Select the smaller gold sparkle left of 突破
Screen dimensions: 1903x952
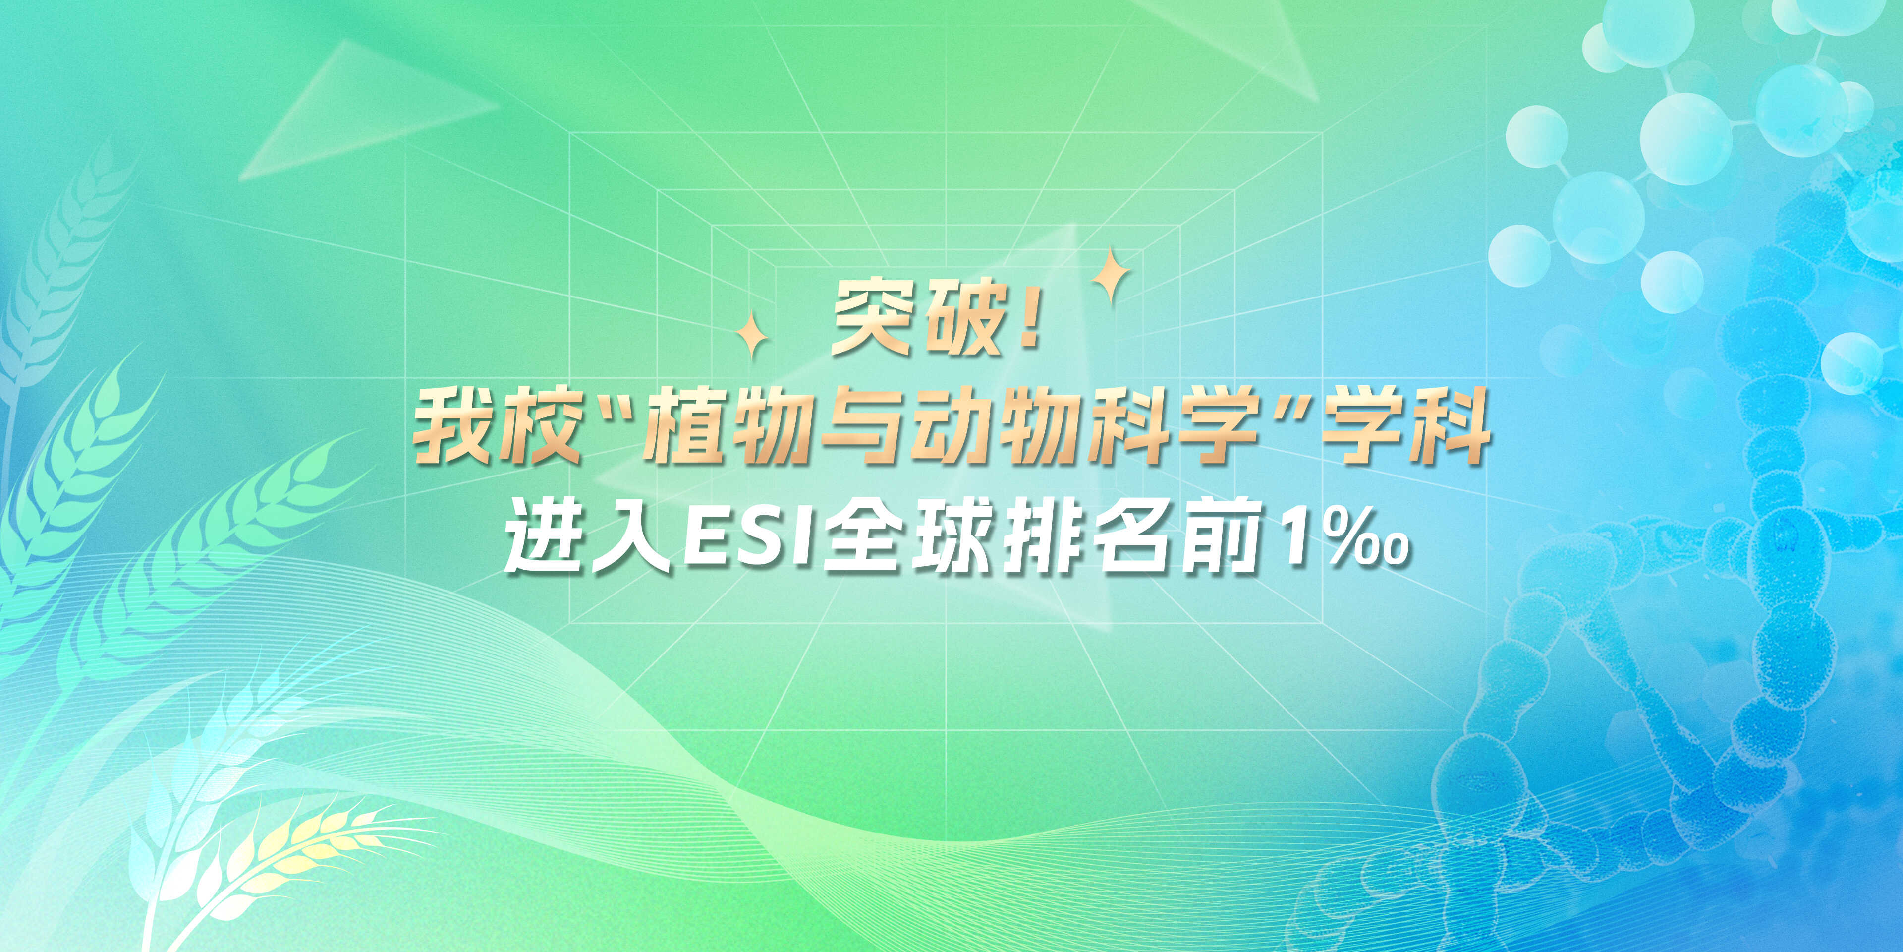coord(752,335)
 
